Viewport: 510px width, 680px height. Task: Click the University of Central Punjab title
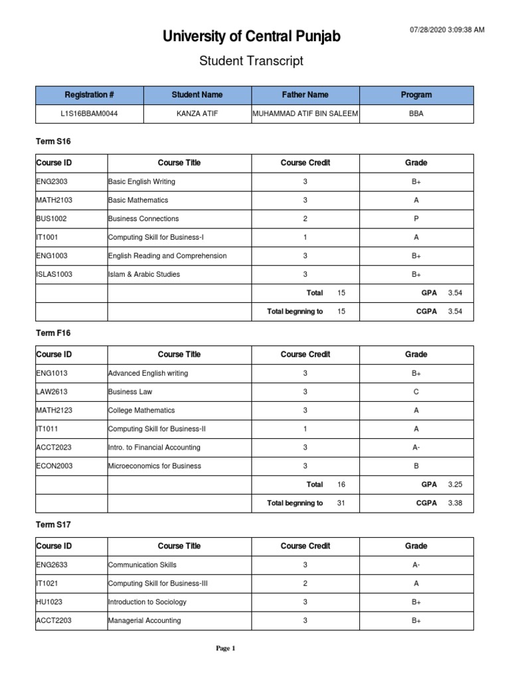click(x=252, y=37)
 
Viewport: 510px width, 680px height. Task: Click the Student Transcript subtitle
click(x=252, y=61)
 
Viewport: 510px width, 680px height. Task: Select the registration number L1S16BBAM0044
click(x=90, y=114)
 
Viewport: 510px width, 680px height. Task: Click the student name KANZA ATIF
click(x=197, y=114)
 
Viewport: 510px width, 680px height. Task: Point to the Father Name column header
click(x=305, y=95)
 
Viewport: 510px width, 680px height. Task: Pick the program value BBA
click(x=416, y=114)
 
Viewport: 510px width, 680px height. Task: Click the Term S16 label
click(x=53, y=141)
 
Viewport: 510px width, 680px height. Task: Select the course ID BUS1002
click(x=51, y=218)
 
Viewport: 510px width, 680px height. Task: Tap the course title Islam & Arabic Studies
click(x=143, y=274)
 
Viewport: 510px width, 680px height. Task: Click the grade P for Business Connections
click(x=416, y=218)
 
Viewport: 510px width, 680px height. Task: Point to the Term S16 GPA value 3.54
click(x=455, y=293)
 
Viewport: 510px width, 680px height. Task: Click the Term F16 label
click(x=53, y=333)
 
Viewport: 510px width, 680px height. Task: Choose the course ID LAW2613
click(x=52, y=392)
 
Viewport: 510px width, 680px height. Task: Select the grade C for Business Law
click(x=416, y=392)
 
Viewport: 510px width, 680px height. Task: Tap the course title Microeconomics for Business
click(x=154, y=466)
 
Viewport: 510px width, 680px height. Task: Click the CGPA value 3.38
click(x=455, y=503)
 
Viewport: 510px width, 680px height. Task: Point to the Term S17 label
click(x=53, y=525)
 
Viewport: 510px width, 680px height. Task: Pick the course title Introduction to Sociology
click(x=147, y=602)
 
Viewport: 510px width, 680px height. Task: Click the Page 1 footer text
click(x=226, y=649)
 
